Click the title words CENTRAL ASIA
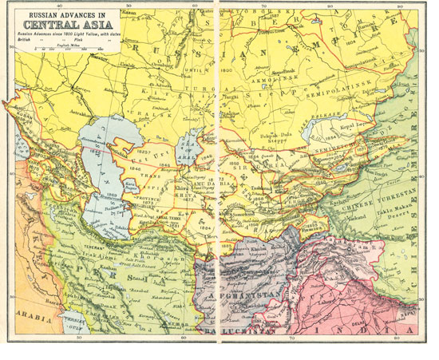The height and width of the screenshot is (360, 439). (x=64, y=23)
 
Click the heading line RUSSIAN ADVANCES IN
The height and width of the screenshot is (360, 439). (x=64, y=11)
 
